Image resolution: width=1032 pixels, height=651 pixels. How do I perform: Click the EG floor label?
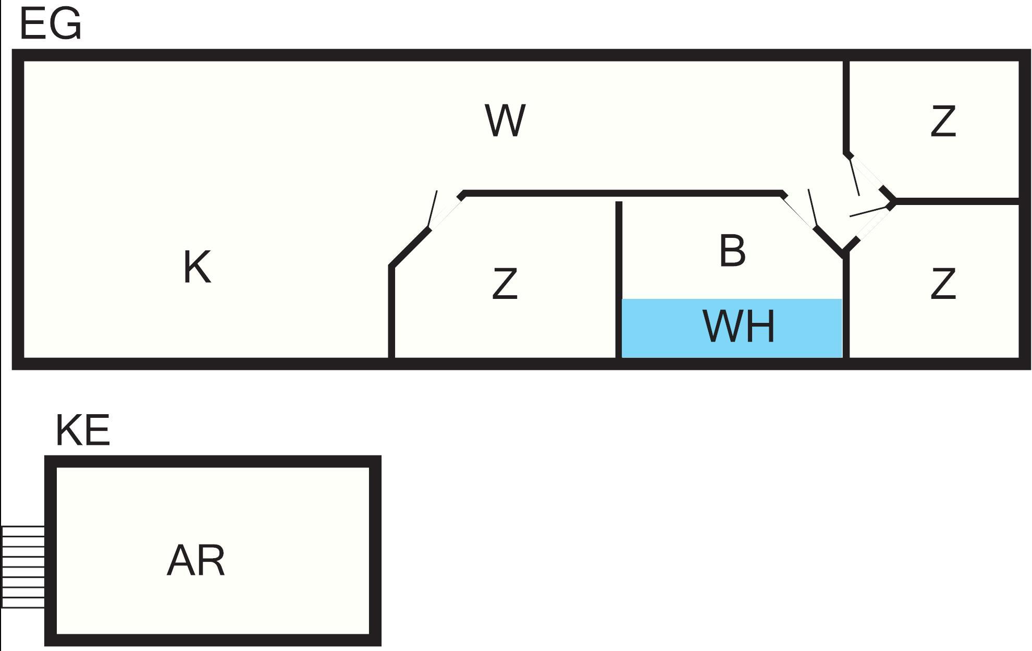(51, 25)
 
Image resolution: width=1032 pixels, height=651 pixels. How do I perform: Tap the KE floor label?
(82, 431)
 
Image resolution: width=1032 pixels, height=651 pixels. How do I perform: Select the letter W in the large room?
(505, 120)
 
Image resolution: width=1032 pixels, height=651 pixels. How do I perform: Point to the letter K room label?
(197, 267)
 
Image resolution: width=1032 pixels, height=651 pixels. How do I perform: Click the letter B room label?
(732, 251)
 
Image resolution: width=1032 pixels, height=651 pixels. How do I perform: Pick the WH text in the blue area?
(739, 327)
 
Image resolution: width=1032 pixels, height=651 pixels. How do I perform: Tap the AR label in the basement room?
(195, 561)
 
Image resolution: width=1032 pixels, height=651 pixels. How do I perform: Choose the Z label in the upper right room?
(943, 121)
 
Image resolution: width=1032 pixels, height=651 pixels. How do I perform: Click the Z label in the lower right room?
(943, 284)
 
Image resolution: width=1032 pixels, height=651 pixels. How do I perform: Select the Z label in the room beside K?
(505, 284)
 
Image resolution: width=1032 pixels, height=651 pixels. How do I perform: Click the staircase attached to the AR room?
(22, 566)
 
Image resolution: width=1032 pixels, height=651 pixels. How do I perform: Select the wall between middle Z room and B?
(619, 276)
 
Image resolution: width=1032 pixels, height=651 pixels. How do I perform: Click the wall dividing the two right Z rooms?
(956, 201)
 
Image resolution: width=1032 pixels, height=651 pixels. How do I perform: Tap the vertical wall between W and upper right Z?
(846, 104)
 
